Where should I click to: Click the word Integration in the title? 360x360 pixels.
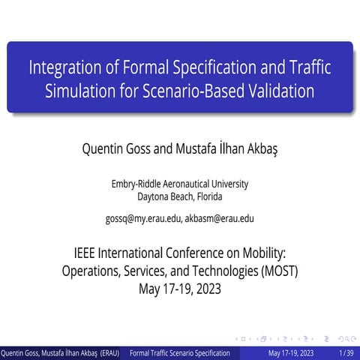(60, 68)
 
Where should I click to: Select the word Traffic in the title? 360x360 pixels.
(304, 68)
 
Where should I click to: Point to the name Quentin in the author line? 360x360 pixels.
(107, 148)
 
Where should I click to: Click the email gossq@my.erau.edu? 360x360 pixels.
(143, 219)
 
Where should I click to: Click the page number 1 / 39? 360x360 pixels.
(346, 352)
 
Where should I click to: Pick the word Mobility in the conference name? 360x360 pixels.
(257, 253)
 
